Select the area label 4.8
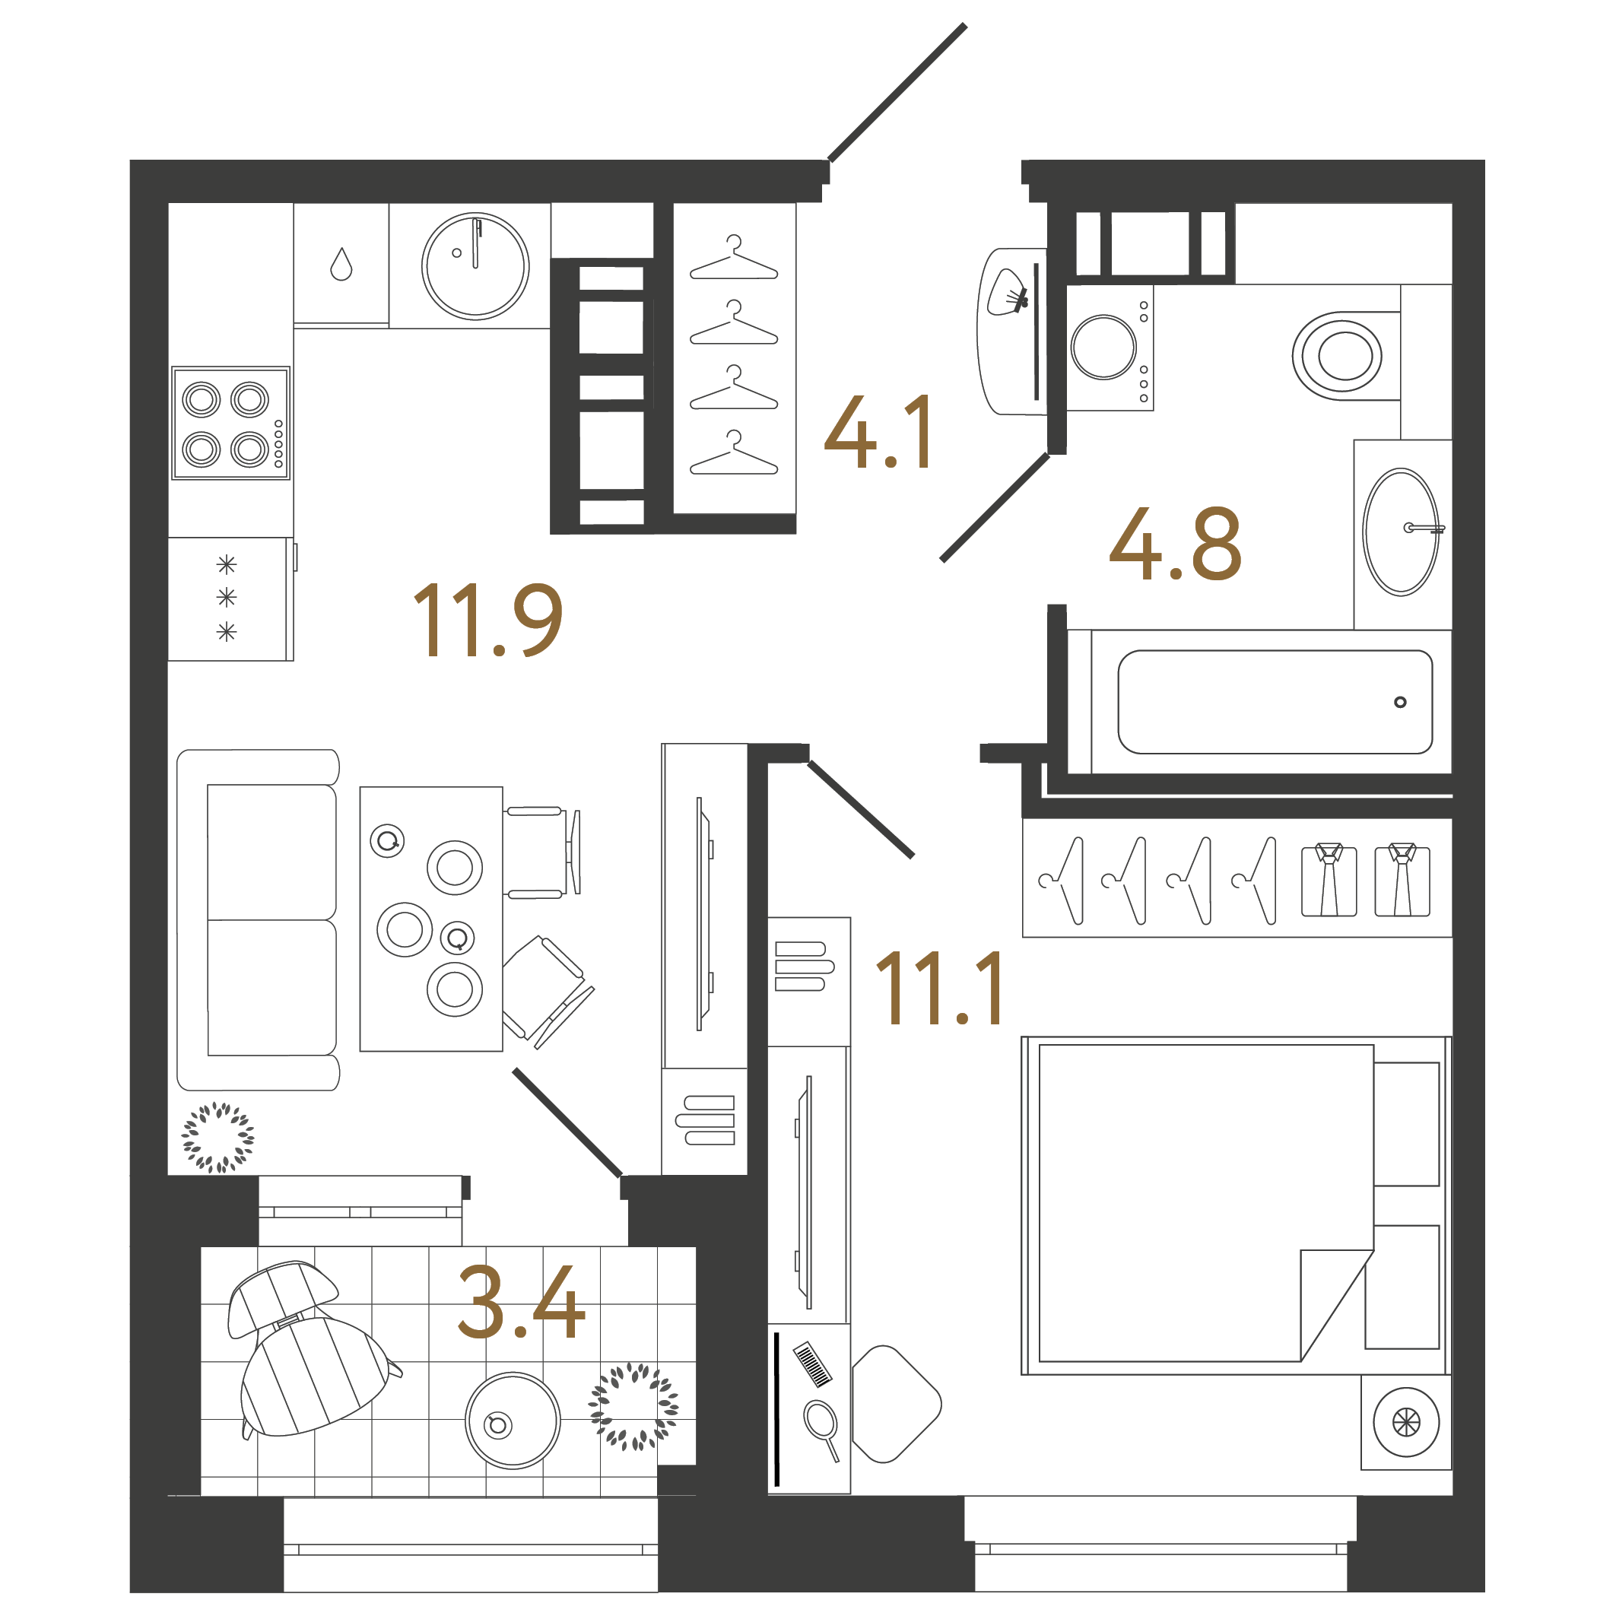pos(1174,544)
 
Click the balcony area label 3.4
pos(521,1303)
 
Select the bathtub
pos(1274,703)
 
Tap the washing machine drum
pos(1103,347)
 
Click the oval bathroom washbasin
pos(1400,532)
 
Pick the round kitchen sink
pos(475,266)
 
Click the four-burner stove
pos(231,424)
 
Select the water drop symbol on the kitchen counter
pos(341,265)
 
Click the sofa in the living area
pos(259,919)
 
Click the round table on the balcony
pos(512,1421)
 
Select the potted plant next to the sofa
pos(218,1137)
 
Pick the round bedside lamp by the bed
pos(1405,1421)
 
